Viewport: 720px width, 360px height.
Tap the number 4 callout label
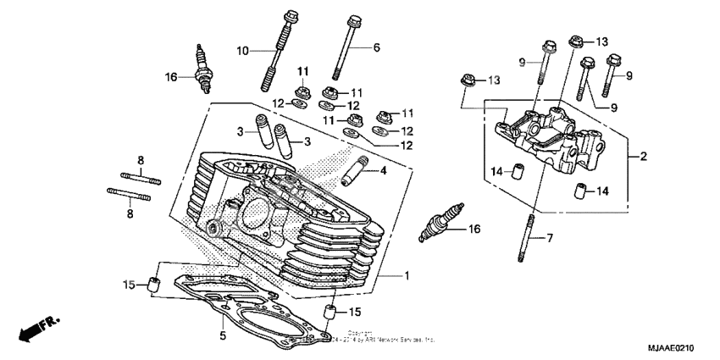pos(383,171)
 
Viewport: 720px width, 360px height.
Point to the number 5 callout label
pos(223,335)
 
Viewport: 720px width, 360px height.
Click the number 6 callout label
pos(377,47)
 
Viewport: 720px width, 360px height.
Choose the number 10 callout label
pos(242,52)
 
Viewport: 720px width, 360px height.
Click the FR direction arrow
pos(35,329)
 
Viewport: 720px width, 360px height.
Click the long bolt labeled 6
pos(350,47)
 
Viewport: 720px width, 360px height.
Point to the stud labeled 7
pos(529,237)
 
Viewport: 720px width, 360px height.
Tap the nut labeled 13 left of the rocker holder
pos(467,80)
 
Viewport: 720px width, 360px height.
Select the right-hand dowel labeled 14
pos(582,189)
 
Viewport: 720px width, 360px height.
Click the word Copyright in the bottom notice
pos(359,333)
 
